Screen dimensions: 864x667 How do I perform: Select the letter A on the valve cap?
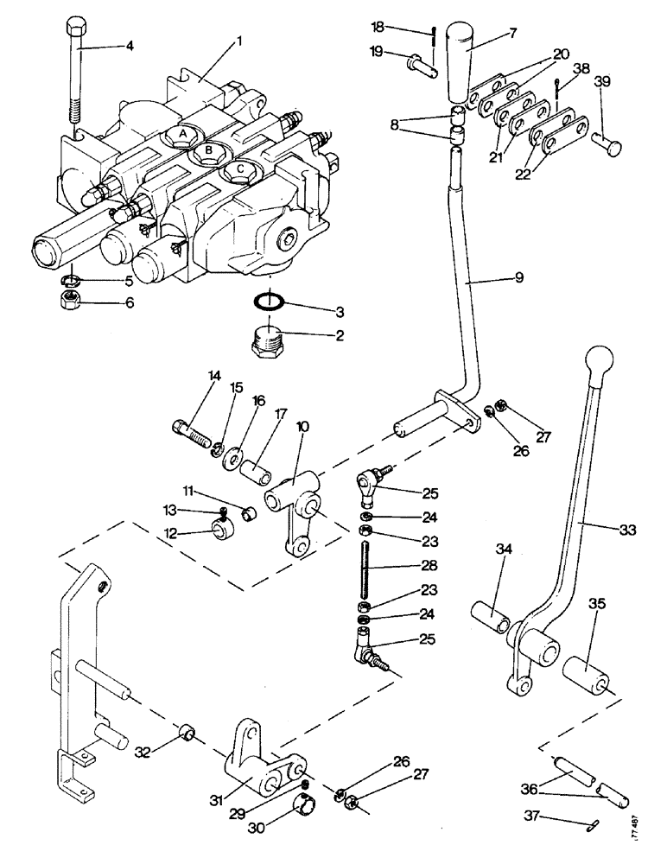(181, 133)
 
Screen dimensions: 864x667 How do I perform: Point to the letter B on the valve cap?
(208, 150)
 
